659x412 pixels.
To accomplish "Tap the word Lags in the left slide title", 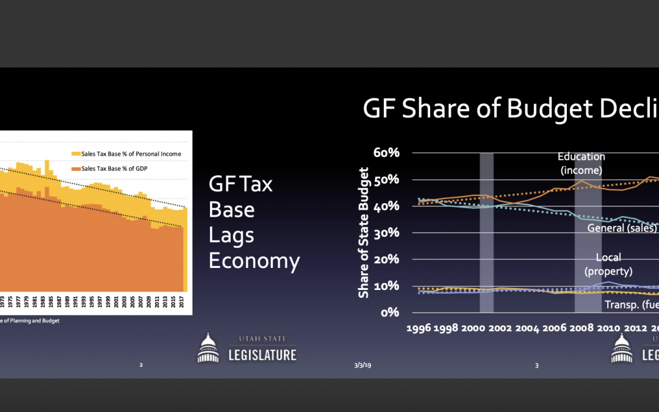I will coord(231,235).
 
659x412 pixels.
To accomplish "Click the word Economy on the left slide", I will coord(254,261).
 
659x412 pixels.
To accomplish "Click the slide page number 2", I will coord(141,365).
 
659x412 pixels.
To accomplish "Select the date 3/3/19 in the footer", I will coord(362,365).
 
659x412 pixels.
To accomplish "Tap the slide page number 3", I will coord(537,365).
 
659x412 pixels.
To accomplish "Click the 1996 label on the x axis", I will coord(419,328).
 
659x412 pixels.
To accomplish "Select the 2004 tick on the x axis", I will coord(527,328).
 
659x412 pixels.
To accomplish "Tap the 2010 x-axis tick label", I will coord(608,328).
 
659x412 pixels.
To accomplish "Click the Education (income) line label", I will coord(581,164).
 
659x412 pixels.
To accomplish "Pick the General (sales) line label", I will coord(622,228).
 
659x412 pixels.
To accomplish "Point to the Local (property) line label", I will coord(608,264).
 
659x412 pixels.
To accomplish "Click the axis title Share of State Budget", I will coord(364,233).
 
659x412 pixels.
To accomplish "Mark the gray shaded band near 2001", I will coord(486,232).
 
